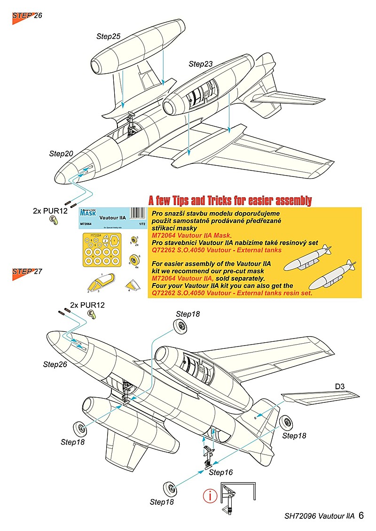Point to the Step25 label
pos(109,36)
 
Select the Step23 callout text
pos(201,63)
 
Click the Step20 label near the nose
pos(61,154)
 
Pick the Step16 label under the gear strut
pos(220,472)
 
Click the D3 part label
pos(340,386)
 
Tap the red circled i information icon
pos(209,496)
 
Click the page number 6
pos(361,516)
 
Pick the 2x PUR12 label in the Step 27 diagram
pos(87,305)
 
